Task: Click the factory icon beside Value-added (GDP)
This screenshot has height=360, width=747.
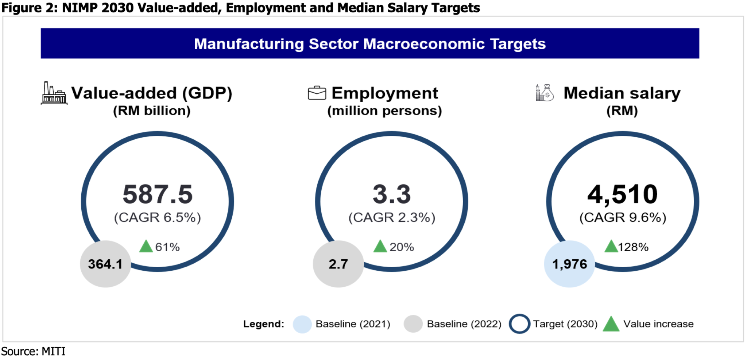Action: pos(54,93)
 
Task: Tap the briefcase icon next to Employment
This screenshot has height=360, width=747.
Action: pos(317,93)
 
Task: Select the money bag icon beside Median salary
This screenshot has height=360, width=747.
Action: pos(545,93)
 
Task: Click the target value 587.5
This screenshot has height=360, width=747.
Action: pos(158,194)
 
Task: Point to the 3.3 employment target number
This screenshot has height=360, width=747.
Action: pos(391,194)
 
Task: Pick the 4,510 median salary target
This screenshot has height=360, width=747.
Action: pos(622,194)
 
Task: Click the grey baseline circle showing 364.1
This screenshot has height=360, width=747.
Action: pos(105,264)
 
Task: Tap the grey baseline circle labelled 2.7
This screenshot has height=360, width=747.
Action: pos(338,264)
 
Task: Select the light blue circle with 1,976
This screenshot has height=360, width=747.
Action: pos(569,264)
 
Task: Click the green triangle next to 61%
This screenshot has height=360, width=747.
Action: pos(146,247)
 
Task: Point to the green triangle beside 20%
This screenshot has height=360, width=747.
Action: pos(380,247)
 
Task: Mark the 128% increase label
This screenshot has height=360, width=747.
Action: pos(633,247)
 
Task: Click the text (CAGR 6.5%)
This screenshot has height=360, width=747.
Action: pos(158,218)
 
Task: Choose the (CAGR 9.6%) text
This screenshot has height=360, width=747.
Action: pos(623,218)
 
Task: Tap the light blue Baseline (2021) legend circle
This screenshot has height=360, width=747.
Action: pos(302,324)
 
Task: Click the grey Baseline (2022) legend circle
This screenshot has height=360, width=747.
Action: pos(413,324)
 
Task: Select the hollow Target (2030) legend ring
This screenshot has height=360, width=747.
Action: pos(519,324)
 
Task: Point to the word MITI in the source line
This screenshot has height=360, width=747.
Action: pos(53,352)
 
